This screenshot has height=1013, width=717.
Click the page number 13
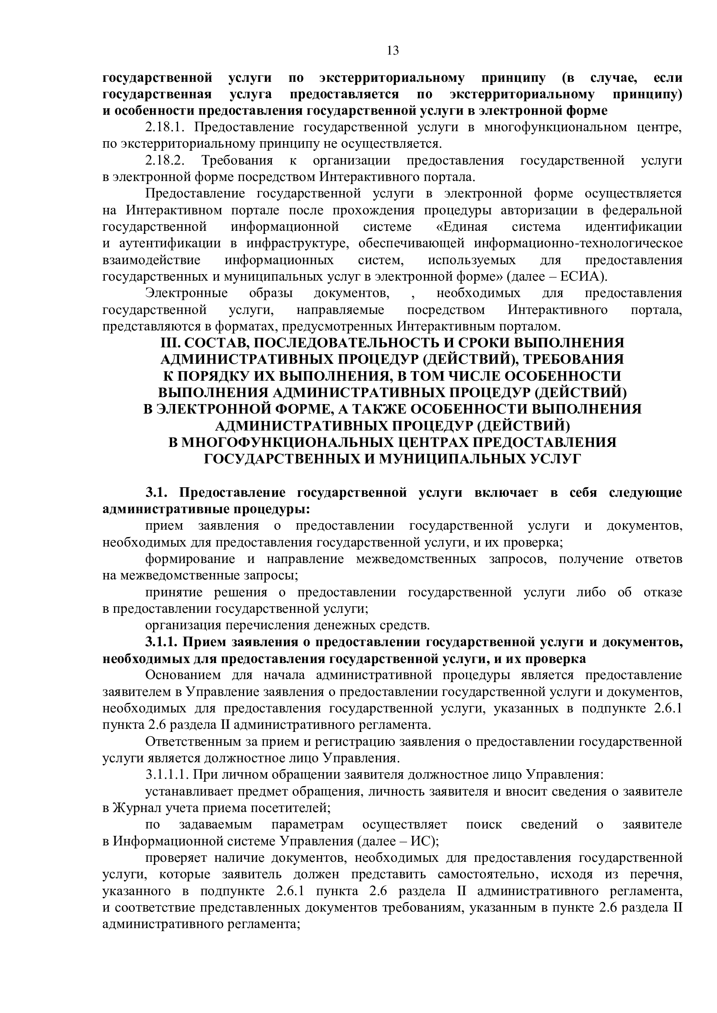[x=392, y=51]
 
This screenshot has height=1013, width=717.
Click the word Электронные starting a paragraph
[x=186, y=293]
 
